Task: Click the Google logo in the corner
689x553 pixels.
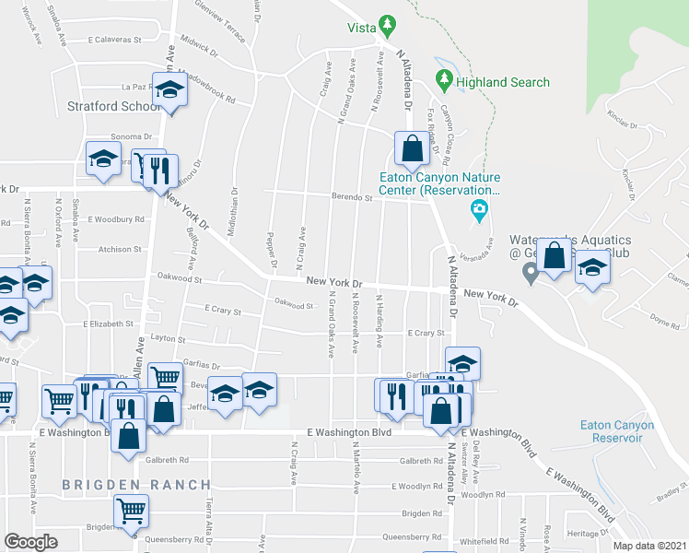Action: (x=30, y=542)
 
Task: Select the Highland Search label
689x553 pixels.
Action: (x=503, y=82)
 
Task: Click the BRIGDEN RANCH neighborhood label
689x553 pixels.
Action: (x=136, y=485)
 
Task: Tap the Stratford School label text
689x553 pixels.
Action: (x=114, y=106)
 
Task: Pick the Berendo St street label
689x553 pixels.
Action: (x=352, y=196)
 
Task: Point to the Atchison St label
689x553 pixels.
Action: (x=121, y=249)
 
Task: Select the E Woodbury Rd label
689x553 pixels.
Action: (x=117, y=219)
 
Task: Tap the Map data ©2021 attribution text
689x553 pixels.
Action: (x=640, y=545)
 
